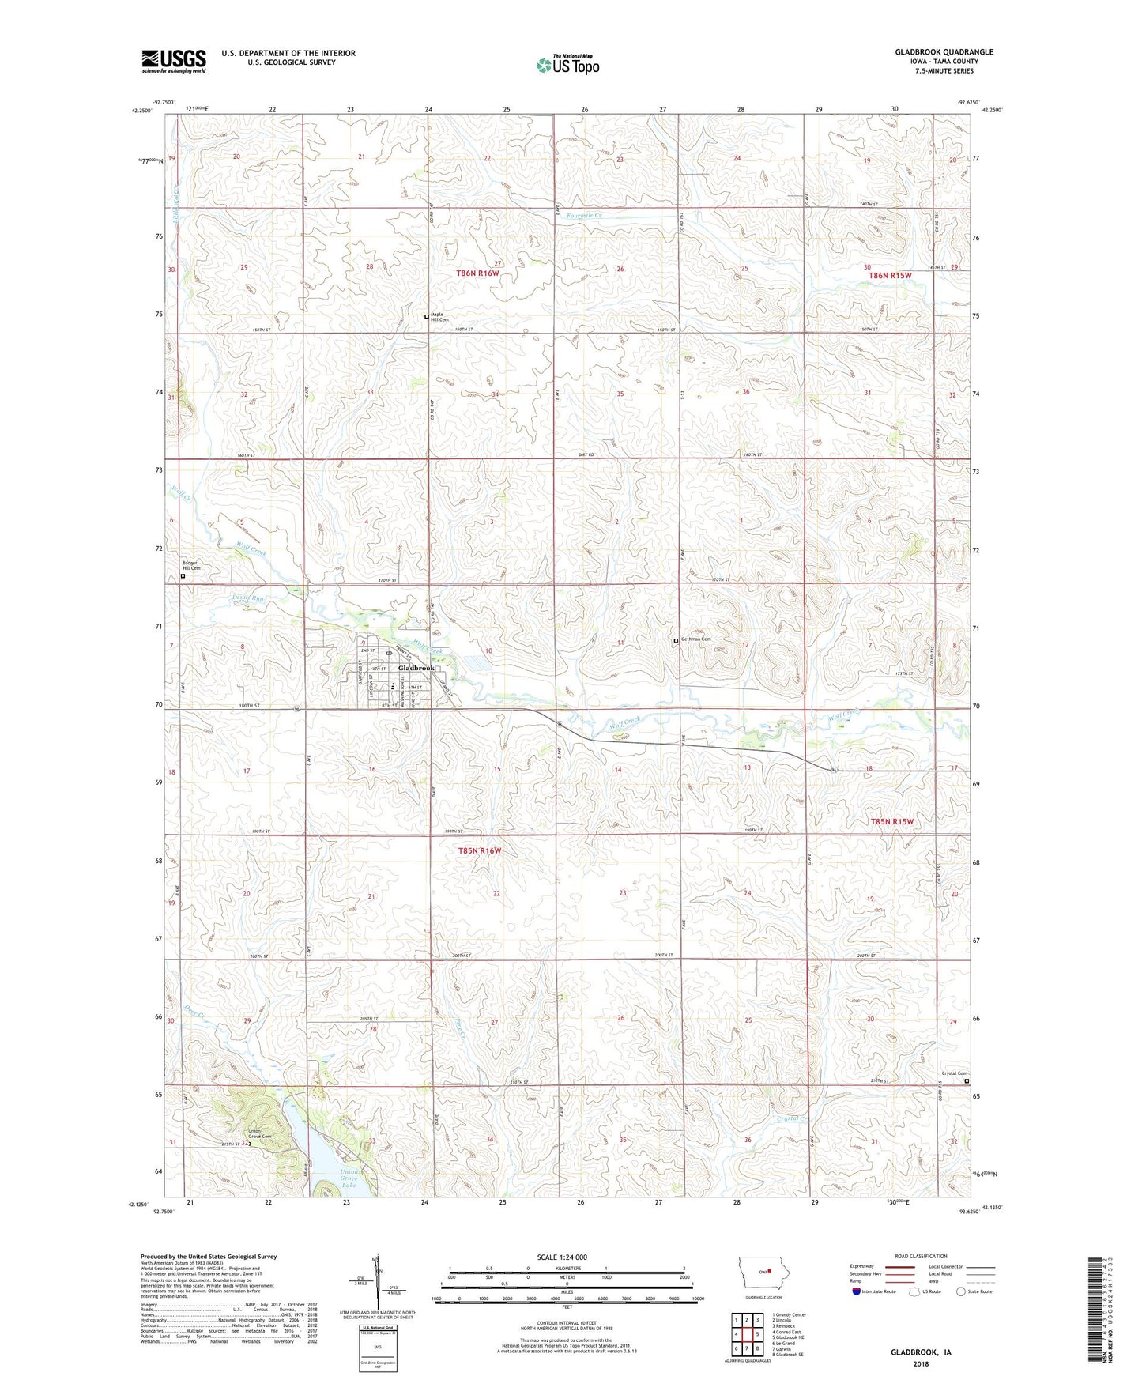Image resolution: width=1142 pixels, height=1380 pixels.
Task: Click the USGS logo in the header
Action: pos(174,60)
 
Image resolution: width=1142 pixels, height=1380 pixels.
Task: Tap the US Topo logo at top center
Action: pos(567,65)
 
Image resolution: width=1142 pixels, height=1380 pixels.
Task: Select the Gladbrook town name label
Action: pos(416,669)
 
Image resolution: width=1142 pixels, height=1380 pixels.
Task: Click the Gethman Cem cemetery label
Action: pos(695,639)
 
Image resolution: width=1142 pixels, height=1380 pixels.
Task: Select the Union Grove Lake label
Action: pos(348,1178)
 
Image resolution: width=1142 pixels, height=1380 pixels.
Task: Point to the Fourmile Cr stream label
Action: pos(585,215)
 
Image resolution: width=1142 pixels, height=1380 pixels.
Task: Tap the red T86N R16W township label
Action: pos(478,273)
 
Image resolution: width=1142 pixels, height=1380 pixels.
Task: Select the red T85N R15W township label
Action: pos(891,821)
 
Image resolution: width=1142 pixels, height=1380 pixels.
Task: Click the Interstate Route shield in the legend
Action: pos(857,1291)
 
